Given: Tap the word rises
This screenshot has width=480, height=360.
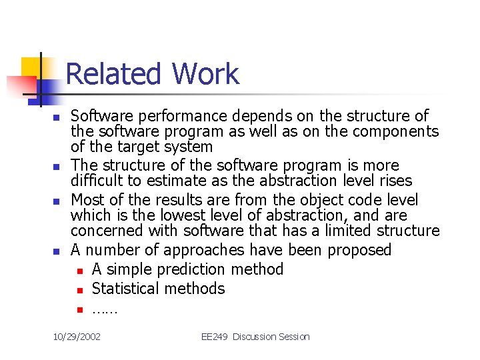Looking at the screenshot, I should tap(395, 181).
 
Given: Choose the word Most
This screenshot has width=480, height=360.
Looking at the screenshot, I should tap(87, 200).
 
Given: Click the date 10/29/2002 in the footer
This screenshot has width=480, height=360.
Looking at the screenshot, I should tap(77, 337).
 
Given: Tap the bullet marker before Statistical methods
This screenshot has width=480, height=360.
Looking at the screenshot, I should tap(79, 290).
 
